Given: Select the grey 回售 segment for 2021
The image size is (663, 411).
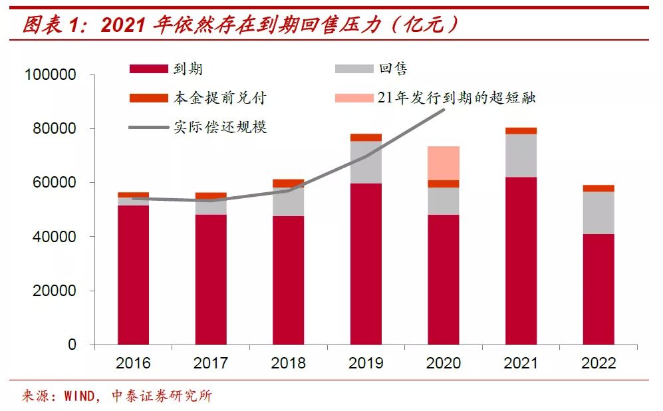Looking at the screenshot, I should pos(521,156).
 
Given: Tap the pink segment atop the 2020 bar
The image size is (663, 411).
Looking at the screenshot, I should pos(443,163).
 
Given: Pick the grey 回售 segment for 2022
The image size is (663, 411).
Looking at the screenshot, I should pos(598,213).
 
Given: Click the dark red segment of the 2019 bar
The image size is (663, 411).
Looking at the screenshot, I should pos(366,264).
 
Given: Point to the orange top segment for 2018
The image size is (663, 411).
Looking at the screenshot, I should pos(288,184).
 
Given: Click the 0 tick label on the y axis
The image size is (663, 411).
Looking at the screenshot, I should pos(71,345).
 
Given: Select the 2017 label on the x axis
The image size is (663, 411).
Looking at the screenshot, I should pos(211,363).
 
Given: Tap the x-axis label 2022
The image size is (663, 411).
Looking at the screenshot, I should pos(598,363).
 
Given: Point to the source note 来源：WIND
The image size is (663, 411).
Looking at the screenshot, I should pos(117,396).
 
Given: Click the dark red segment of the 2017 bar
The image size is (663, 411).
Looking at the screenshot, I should pos(211,279).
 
